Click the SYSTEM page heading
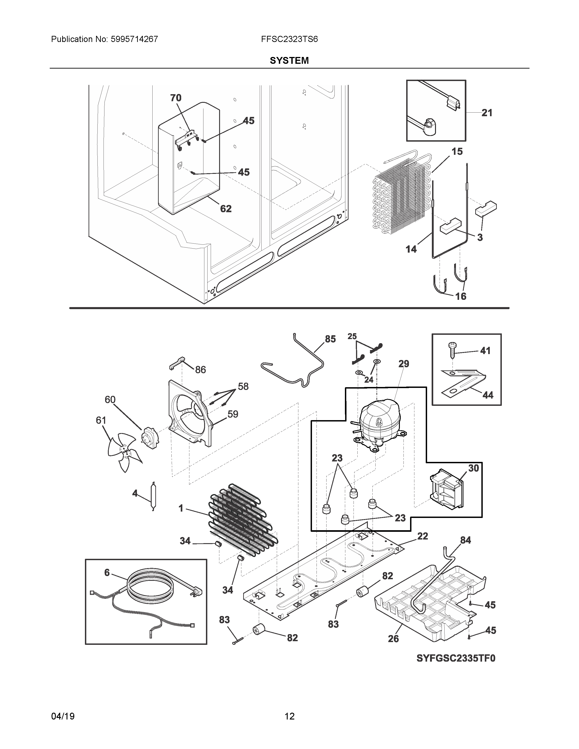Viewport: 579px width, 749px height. (x=289, y=61)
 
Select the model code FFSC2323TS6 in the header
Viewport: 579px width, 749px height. (x=289, y=39)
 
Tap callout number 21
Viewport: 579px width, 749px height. (x=487, y=113)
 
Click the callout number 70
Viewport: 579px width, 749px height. (x=176, y=98)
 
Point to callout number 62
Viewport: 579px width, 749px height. (x=226, y=209)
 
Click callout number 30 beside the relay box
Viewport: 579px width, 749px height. (x=473, y=468)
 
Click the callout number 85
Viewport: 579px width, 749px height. (x=330, y=339)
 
